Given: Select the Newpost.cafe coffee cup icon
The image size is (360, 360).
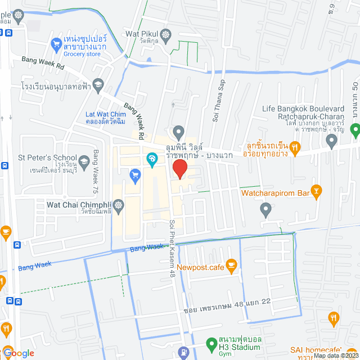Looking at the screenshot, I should point(231,264).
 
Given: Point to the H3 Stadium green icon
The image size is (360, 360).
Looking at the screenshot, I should point(211,343).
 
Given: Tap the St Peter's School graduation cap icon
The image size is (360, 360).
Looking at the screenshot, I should point(84,162).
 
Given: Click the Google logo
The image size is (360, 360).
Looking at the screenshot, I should point(18,353).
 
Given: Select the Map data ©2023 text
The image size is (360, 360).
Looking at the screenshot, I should point(335,355).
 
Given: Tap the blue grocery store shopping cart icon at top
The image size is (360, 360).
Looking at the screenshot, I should point(56,43).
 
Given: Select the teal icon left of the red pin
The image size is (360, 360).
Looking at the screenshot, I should point(151,160).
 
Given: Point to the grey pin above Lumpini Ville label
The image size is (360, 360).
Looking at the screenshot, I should point(179,133).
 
